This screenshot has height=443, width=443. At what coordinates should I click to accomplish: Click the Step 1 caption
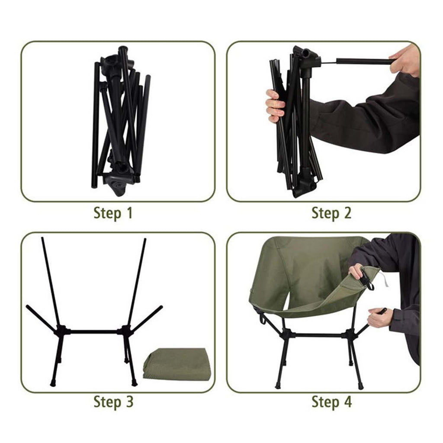[113, 213]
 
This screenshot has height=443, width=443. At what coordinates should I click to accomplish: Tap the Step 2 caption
[331, 213]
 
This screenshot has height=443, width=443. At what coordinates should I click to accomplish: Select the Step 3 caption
[113, 401]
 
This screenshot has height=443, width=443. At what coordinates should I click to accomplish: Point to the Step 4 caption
[332, 401]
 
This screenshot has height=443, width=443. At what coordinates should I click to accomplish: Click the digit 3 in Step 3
[129, 401]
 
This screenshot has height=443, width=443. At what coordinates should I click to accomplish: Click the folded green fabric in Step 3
[177, 364]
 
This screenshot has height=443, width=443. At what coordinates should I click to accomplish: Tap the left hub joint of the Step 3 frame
[62, 331]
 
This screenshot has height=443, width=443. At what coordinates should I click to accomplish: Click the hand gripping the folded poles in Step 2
[275, 106]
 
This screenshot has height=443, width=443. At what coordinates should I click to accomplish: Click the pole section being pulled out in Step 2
[364, 61]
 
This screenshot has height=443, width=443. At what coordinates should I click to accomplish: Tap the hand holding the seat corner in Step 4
[357, 272]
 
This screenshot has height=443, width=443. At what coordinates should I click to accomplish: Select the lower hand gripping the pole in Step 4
[380, 318]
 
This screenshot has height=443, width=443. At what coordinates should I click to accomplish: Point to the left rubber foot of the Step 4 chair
[278, 386]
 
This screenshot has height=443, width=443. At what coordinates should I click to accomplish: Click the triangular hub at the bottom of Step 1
[117, 183]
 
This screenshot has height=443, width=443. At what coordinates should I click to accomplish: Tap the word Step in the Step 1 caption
[107, 214]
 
